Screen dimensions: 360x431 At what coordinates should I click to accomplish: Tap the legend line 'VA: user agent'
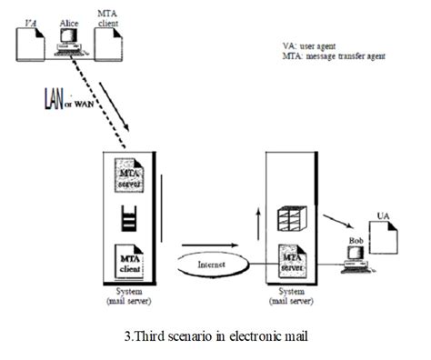[312, 46]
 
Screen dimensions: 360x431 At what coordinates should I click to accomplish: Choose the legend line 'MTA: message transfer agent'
[335, 56]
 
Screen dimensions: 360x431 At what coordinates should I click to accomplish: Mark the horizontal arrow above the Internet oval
[215, 244]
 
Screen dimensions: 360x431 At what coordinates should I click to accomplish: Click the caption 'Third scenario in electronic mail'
[215, 339]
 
